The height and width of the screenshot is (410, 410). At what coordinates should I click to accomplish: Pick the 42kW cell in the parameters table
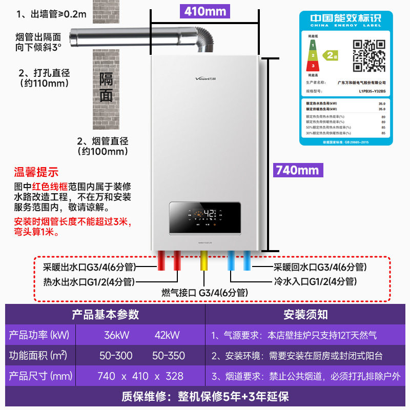[x=167, y=335]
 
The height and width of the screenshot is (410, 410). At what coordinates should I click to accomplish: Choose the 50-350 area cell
[x=167, y=356]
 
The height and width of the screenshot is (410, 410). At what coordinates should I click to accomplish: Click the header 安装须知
[x=305, y=314]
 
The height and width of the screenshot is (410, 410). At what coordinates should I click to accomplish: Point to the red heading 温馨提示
[x=36, y=172]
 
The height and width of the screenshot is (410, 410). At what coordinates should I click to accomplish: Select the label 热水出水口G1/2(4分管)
[x=89, y=281]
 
